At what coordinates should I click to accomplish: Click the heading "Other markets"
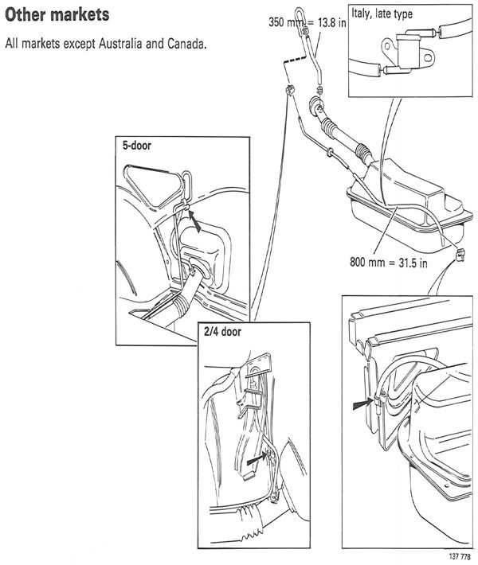pos(57,16)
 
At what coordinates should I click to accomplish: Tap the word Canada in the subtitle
pos(182,43)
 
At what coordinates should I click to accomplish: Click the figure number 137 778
pos(456,555)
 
